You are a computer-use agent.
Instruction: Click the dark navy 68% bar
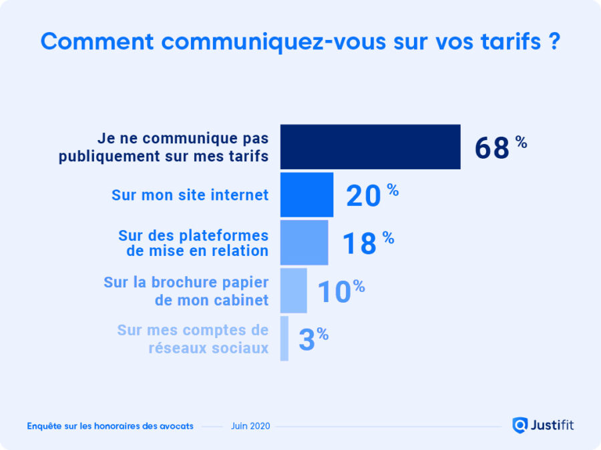click(x=370, y=147)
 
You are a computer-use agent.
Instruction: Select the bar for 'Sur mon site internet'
click(x=307, y=195)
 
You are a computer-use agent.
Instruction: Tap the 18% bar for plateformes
click(x=304, y=243)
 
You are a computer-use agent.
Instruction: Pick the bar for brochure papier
click(x=293, y=291)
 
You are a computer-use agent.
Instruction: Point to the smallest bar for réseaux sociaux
click(x=284, y=339)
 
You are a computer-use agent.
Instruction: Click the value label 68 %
click(x=500, y=147)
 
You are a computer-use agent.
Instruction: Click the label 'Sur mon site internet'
click(x=190, y=195)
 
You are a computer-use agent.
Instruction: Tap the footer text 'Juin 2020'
click(x=250, y=426)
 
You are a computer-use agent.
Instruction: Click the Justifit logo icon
click(x=520, y=425)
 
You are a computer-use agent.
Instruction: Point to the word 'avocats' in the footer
click(x=174, y=426)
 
